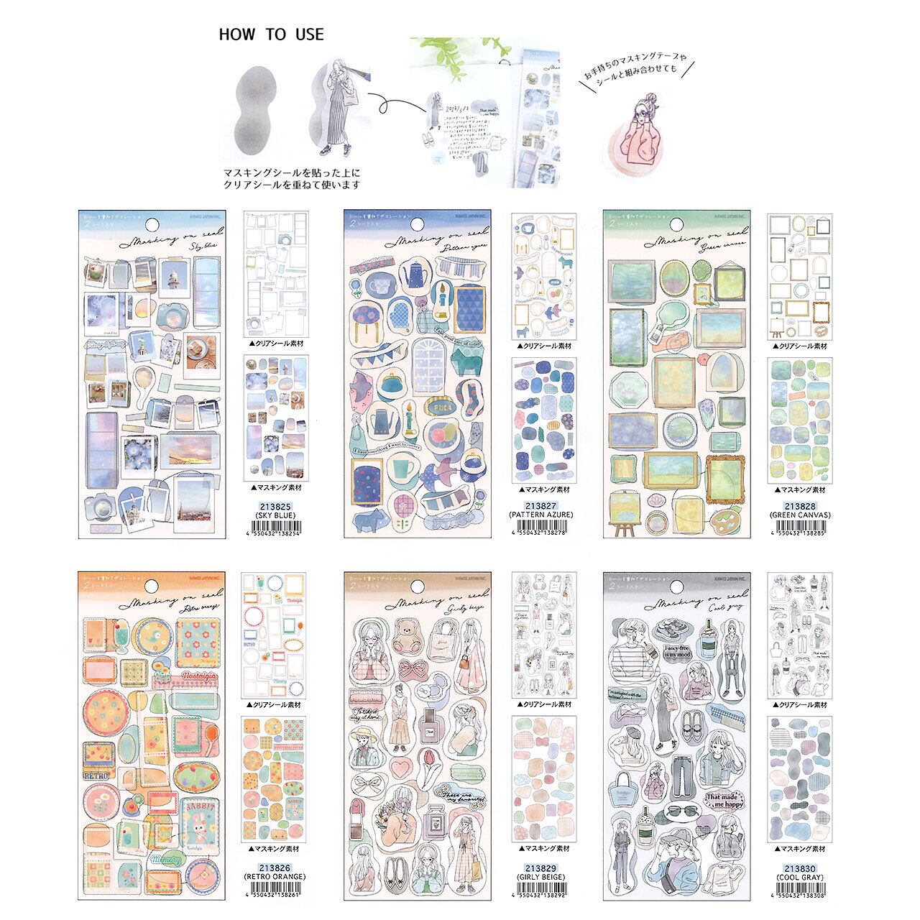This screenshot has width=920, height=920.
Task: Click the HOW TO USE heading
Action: click(x=272, y=34)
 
